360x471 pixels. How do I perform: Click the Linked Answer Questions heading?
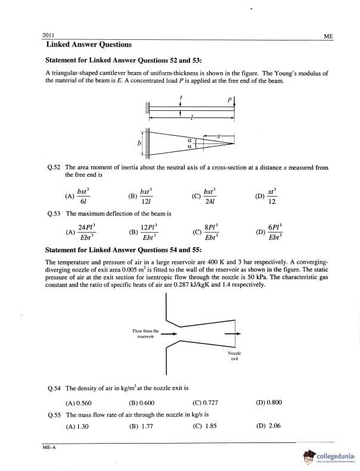point(89,45)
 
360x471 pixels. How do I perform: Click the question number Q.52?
point(54,167)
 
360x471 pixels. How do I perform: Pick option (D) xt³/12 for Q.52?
point(268,196)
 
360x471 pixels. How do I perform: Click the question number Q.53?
point(54,213)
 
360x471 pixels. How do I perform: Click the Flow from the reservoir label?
point(145,332)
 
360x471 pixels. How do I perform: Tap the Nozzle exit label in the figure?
point(234,357)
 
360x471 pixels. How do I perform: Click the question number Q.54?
point(54,387)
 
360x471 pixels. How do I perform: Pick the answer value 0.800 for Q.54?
point(273,402)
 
